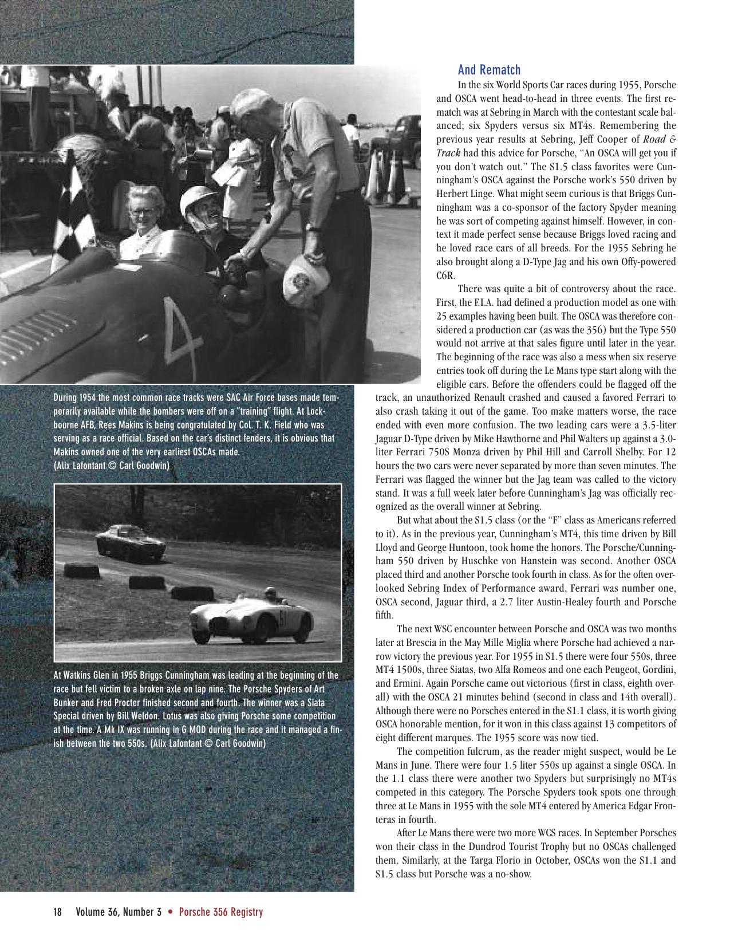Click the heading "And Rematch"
(489, 70)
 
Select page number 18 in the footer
(57, 912)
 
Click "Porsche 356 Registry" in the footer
(220, 912)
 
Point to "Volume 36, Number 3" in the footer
(119, 912)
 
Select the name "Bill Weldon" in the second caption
(157, 716)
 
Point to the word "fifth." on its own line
(385, 615)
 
